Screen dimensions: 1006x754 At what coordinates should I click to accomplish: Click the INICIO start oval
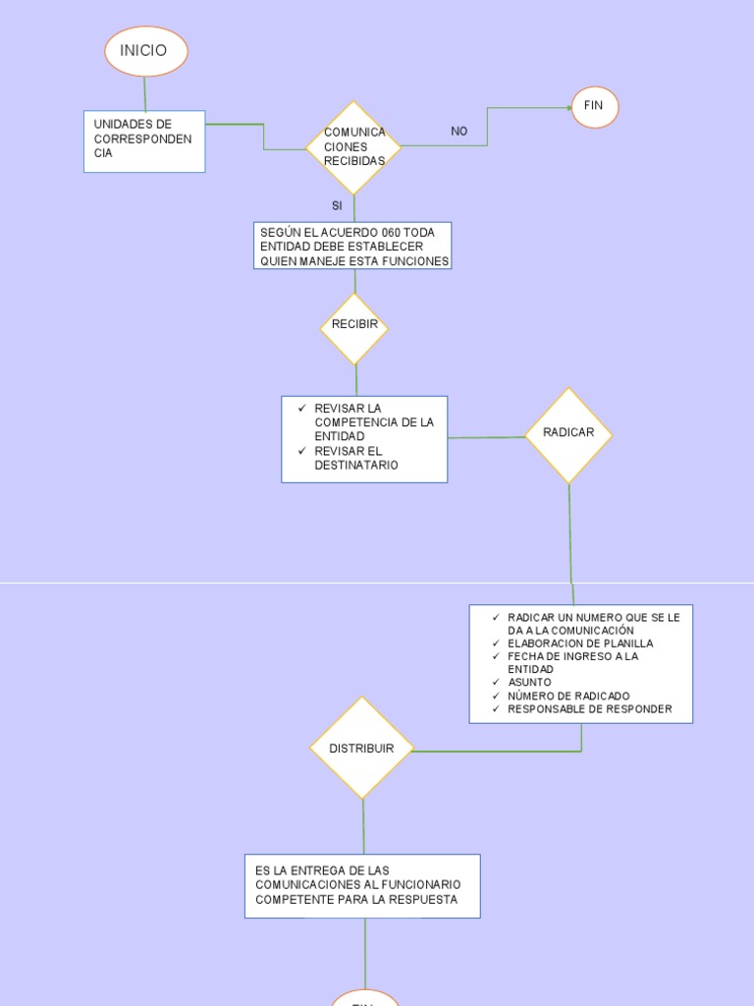click(145, 51)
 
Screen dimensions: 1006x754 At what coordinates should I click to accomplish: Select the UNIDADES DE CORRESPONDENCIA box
click(144, 140)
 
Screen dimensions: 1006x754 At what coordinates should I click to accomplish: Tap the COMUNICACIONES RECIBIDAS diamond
click(353, 147)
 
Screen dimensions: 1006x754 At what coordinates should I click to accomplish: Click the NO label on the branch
click(458, 132)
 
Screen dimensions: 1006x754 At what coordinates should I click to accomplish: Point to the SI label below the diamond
click(337, 206)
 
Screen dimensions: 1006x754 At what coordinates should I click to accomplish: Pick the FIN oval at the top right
click(594, 106)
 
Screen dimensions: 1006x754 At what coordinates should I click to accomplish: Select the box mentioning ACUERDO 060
click(352, 247)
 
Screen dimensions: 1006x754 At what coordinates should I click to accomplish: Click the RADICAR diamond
click(568, 434)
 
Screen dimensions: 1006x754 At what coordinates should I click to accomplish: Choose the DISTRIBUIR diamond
click(361, 749)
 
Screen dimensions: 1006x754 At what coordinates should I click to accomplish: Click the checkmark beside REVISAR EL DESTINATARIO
click(302, 451)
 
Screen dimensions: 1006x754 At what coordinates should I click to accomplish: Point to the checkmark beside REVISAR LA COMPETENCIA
click(302, 408)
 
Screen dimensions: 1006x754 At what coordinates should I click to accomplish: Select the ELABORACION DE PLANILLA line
click(579, 643)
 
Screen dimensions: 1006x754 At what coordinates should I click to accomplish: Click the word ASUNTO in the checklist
click(529, 682)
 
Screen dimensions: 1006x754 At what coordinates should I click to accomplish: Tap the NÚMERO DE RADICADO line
click(568, 696)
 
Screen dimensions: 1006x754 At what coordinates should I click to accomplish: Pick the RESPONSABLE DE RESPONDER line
click(589, 709)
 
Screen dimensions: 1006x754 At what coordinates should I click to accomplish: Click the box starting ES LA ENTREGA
click(362, 885)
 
